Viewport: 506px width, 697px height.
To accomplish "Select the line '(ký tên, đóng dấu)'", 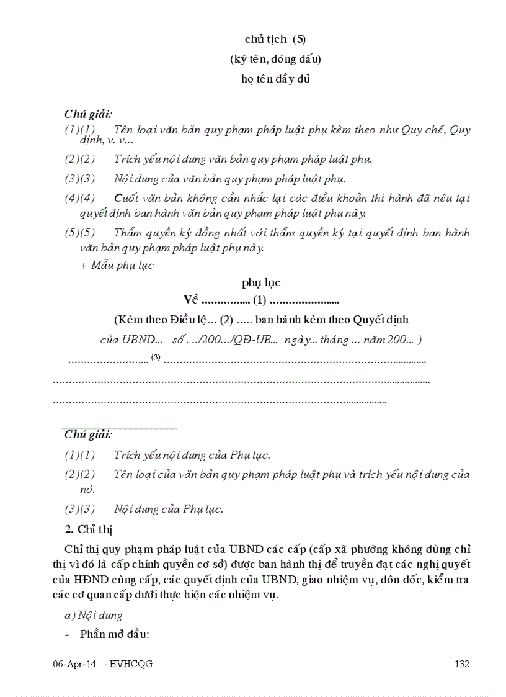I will tap(275, 59).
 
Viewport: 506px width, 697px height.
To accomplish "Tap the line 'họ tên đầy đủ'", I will tap(275, 79).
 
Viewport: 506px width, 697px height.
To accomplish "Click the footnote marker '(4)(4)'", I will tap(80, 198).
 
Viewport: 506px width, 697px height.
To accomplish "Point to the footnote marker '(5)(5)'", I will tap(80, 233).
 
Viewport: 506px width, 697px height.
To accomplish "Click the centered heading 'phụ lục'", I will tap(261, 282).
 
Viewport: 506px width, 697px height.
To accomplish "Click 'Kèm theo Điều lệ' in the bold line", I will tap(162, 320).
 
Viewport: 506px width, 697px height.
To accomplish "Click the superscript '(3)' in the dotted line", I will tap(156, 357).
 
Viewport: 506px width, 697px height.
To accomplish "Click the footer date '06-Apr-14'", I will tap(74, 664).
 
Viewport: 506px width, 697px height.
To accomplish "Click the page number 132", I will tap(461, 664).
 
